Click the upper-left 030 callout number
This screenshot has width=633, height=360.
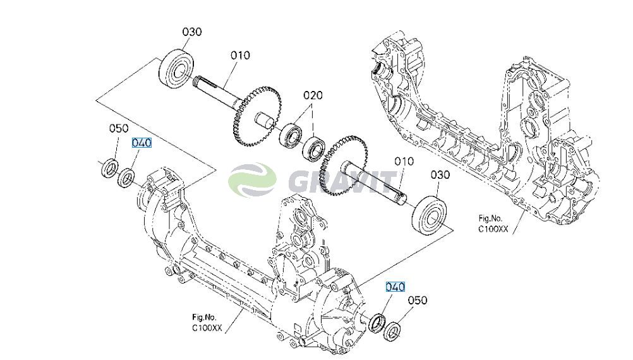coord(192,32)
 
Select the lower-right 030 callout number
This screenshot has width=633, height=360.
coord(440,175)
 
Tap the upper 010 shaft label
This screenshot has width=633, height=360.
coord(240,55)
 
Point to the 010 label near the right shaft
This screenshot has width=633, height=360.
coord(404,162)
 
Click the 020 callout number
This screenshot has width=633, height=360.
coord(313,95)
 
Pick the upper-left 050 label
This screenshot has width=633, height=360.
coord(119,128)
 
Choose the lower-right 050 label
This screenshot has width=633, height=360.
coord(418,300)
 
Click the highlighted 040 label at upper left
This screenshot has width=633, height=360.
coord(142,143)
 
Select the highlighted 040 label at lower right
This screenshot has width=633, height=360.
coord(395,287)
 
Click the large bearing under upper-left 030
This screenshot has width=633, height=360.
coord(176,68)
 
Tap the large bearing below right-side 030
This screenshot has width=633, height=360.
coord(430,215)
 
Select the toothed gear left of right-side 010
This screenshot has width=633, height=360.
coord(342,165)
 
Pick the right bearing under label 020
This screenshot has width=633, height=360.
coord(314,148)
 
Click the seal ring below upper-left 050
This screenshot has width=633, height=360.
coord(109,168)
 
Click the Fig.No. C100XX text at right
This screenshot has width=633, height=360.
coord(493,224)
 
